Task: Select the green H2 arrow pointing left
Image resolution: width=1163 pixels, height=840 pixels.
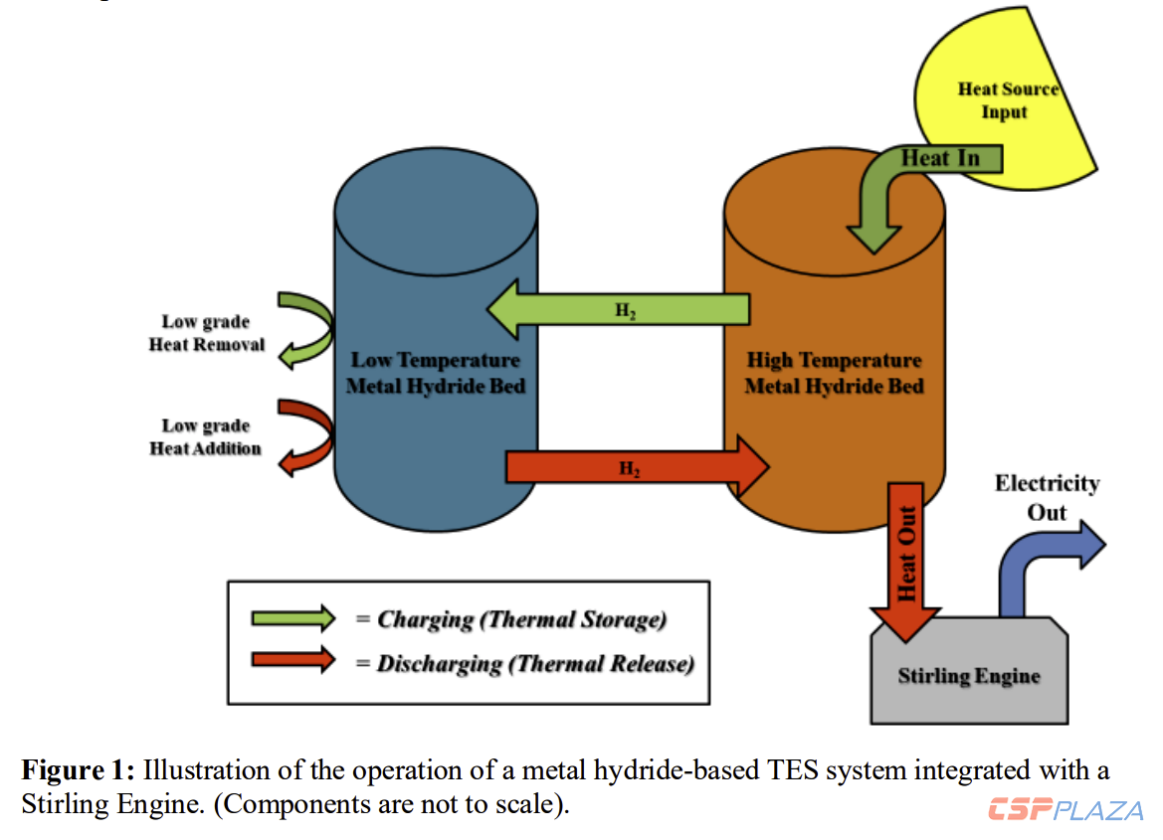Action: pos(617,308)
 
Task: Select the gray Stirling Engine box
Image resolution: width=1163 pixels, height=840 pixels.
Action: pos(969,677)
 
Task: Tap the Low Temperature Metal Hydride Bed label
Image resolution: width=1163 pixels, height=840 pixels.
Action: pos(435,372)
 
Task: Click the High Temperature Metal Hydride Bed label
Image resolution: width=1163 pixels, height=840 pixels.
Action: pos(834,373)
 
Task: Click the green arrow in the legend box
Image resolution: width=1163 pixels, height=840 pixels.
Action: pos(293,618)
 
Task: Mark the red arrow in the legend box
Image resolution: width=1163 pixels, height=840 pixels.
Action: pos(293,660)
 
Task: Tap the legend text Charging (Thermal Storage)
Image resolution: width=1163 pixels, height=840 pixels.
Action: pos(521,619)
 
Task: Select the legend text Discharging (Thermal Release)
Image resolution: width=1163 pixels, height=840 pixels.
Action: pos(534,663)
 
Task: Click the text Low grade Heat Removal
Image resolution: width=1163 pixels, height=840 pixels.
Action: pos(207,333)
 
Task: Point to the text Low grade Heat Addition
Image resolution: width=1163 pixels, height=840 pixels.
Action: pos(205,437)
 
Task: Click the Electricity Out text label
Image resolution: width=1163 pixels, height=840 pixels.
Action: pos(1047,497)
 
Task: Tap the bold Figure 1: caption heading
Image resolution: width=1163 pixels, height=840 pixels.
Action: pos(79,769)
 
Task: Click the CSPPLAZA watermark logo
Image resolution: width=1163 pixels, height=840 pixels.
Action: pos(1066,810)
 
